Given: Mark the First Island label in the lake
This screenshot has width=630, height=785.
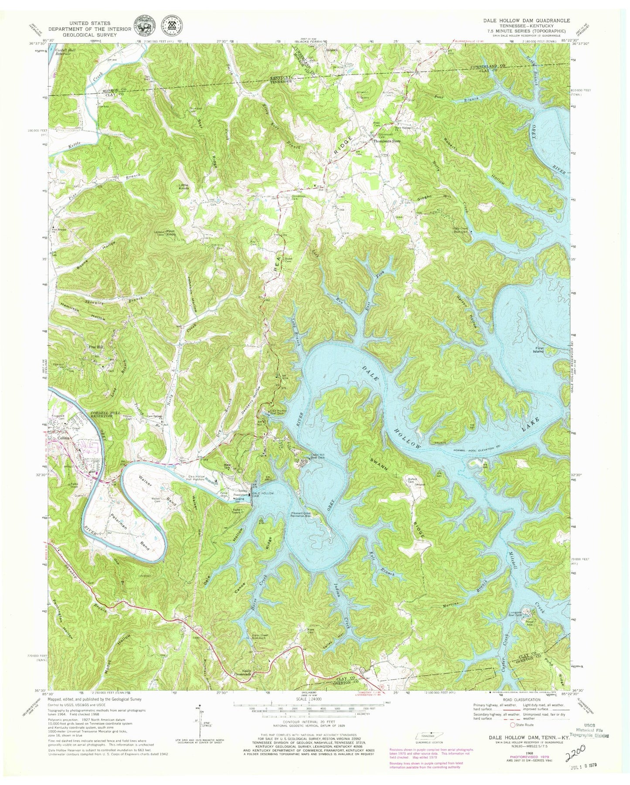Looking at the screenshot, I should click(539, 349).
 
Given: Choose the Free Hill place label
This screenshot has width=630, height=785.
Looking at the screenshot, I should click(96, 347).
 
